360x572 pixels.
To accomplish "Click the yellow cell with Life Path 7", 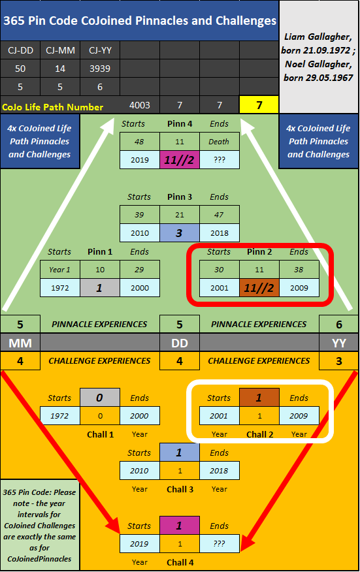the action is pos(259,105).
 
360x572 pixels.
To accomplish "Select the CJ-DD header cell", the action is pos(20,50).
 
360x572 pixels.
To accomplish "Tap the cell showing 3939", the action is pos(100,69).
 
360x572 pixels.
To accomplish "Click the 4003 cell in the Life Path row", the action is pos(139,105).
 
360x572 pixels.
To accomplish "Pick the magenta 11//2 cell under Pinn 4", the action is pos(179,160).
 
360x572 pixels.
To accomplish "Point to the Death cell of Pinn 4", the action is pos(219,142).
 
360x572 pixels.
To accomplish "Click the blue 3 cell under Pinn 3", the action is pos(179,233).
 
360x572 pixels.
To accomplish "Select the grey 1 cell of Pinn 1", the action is pos(100,288).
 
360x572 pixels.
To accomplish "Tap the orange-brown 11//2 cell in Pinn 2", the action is pos(259,288).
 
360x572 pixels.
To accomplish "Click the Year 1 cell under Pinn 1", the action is pos(60,270).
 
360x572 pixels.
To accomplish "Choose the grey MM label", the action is pos(20,343).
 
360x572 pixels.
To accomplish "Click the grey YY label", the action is pos(339,343).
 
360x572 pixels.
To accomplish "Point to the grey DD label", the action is pos(180,343).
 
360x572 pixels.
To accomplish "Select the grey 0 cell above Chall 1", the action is pos(100,397).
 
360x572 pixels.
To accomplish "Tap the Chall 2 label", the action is pos(259,434).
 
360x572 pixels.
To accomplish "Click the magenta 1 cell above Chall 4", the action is pos(179,525).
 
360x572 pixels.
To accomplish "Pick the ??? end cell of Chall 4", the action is pos(219,543).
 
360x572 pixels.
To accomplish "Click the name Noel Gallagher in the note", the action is pos(318,64).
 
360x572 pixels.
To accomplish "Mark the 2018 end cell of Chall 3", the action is pos(219,471).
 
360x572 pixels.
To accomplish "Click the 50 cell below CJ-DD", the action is pos(20,69).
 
